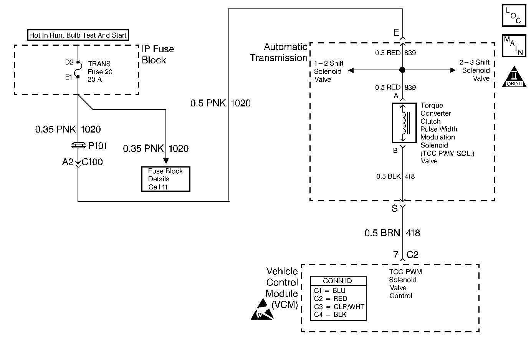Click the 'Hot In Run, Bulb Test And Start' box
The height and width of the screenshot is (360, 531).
[x=78, y=35]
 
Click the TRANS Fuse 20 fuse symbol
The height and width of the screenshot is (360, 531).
[x=78, y=70]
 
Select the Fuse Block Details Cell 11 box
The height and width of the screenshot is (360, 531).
[x=165, y=179]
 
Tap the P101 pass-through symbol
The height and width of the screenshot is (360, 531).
[x=78, y=146]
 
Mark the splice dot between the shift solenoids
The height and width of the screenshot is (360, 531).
[x=402, y=70]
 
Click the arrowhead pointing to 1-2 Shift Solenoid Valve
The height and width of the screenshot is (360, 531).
[x=351, y=70]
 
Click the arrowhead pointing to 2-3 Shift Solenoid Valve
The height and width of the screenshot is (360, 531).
[x=453, y=70]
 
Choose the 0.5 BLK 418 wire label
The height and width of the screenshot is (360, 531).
[x=395, y=176]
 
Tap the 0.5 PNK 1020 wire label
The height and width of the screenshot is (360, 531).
[x=220, y=103]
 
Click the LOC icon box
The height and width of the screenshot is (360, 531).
[x=514, y=16]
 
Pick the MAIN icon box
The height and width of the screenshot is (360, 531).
[x=514, y=46]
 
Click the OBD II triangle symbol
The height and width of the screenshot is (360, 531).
[x=514, y=78]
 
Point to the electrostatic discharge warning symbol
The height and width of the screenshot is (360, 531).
[x=262, y=310]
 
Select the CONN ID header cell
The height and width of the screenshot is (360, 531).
[x=338, y=281]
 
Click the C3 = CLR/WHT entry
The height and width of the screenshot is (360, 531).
[x=339, y=307]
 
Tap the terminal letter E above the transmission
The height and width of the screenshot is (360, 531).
[x=396, y=33]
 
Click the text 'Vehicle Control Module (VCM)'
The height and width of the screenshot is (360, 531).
[x=282, y=288]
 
